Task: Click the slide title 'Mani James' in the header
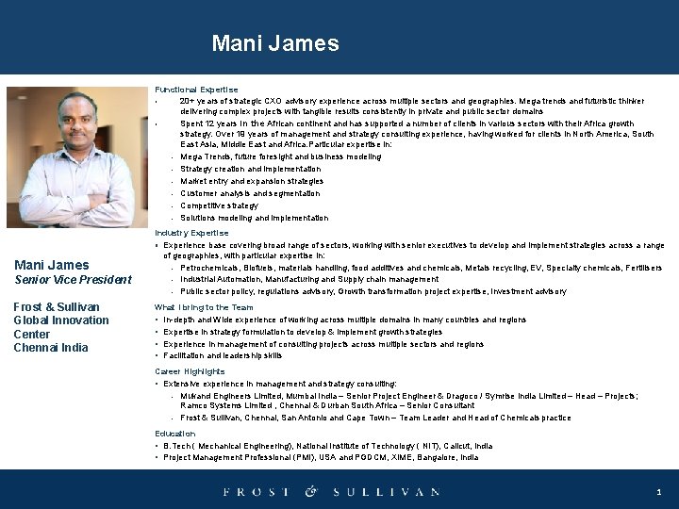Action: [x=275, y=43]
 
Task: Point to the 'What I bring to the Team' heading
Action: [x=204, y=307]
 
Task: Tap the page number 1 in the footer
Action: [x=658, y=492]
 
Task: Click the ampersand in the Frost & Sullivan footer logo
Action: [x=312, y=491]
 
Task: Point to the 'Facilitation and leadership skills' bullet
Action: [x=223, y=356]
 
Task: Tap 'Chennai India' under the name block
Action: [x=50, y=348]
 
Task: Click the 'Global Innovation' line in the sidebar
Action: [x=61, y=320]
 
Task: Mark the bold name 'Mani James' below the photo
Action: [x=52, y=265]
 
